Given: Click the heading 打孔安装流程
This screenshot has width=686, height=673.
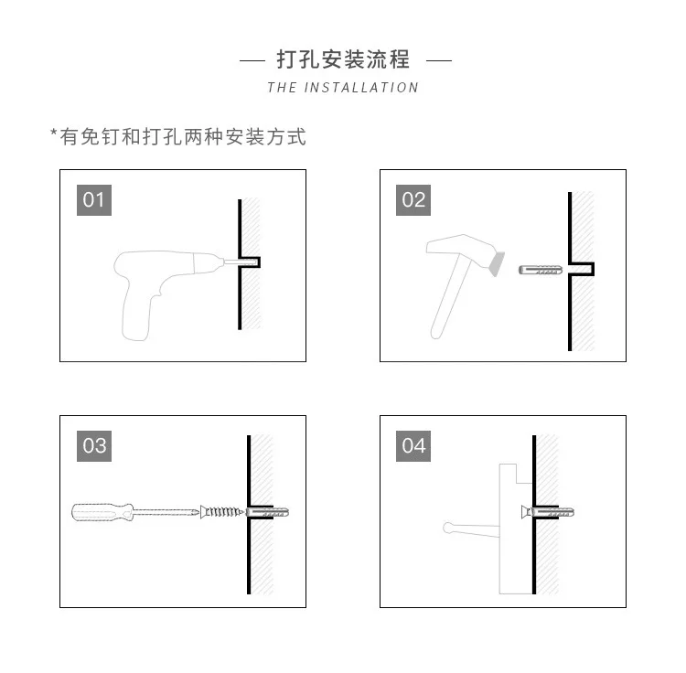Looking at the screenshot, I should coord(343,60).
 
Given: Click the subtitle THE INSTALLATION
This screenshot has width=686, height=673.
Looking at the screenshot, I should coord(343,88).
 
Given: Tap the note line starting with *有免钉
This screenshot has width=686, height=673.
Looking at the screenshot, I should coord(177,137).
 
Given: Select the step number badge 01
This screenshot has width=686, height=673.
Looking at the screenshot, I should coord(94,199).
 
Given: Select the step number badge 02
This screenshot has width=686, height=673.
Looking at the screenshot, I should coord(413,199).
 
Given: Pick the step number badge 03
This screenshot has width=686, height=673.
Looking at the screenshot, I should coord(94,445).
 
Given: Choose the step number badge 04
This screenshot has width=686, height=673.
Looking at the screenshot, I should coord(413,445).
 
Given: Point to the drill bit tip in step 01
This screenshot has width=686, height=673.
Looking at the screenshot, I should coord(250,262).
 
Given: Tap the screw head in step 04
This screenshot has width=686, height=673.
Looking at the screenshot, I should coord(525,511).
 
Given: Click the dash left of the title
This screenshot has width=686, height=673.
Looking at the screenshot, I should coord(252,61).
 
